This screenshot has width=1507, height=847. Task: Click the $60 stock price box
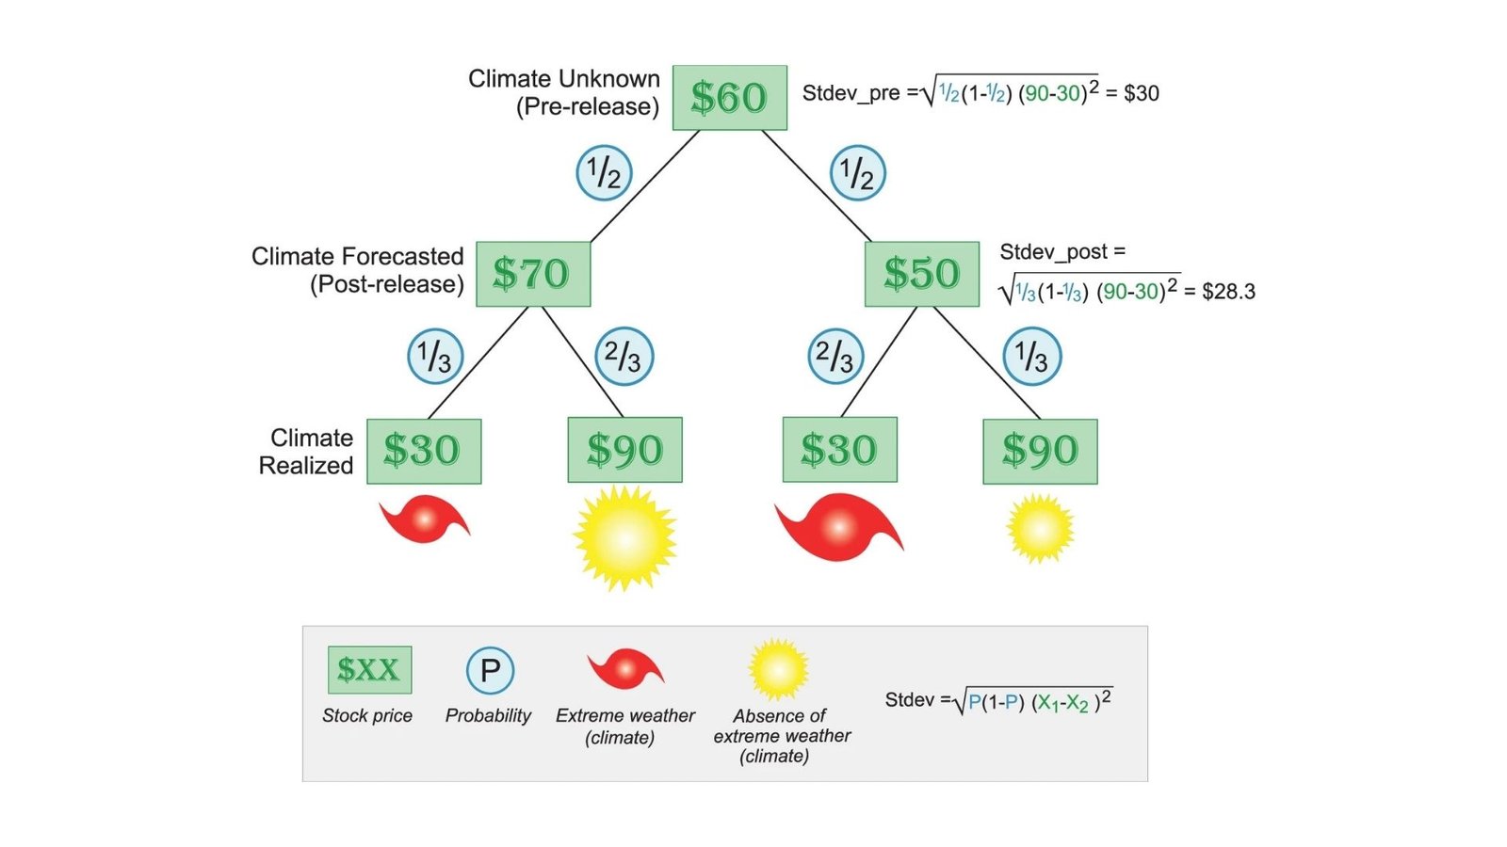729,98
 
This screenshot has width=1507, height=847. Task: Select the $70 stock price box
532,274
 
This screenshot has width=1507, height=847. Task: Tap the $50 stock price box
921,274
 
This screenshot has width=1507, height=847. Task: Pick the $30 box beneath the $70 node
423,451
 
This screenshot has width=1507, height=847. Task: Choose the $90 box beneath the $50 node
1040,451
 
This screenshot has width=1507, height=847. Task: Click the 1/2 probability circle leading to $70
604,173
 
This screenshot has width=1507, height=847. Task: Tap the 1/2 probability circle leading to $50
857,173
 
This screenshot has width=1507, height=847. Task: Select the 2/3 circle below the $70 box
624,357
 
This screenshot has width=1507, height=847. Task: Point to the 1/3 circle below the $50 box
1032,357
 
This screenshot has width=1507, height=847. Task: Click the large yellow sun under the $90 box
624,538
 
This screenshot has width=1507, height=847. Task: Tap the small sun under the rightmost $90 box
1040,529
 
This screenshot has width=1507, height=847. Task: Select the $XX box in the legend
369,670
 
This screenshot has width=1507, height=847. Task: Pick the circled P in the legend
490,670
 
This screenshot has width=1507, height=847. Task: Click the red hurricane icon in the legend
625,669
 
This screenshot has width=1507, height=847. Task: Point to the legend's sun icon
778,670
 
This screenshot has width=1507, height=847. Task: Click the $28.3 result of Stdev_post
1228,292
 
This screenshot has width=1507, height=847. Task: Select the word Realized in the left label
306,466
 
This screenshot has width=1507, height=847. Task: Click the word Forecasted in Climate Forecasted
405,257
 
